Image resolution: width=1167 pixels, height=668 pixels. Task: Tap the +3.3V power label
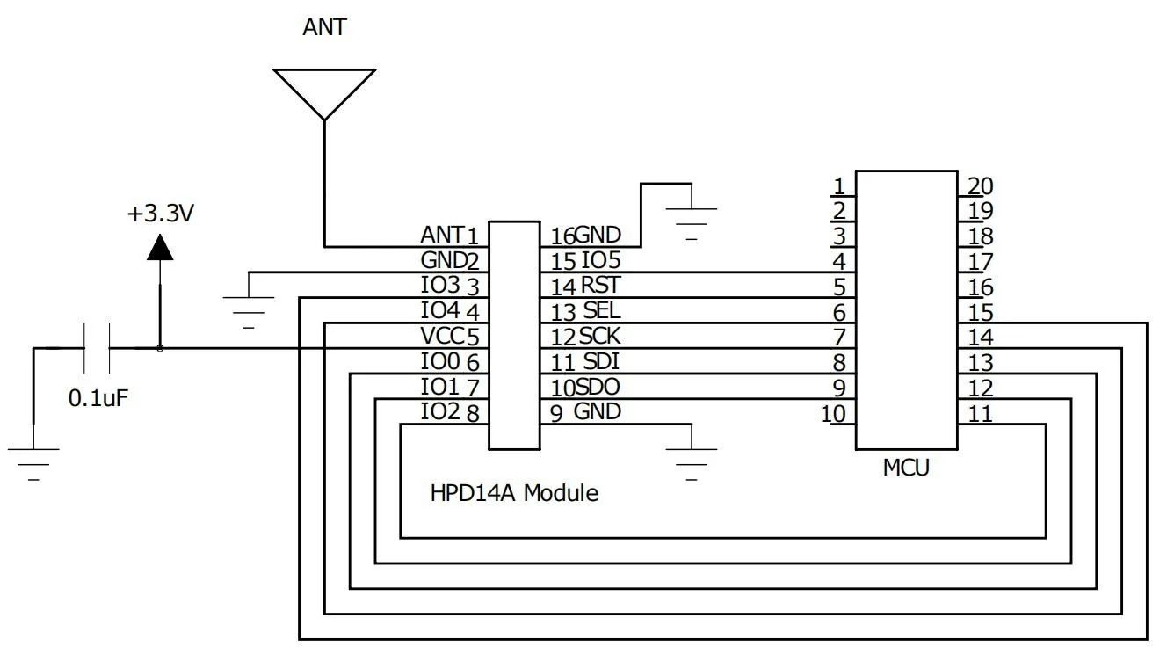click(160, 213)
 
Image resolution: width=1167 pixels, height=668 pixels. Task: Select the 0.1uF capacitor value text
click(99, 397)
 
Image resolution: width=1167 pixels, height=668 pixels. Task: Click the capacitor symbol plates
click(97, 349)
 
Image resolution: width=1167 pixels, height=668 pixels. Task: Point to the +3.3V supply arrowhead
click(160, 248)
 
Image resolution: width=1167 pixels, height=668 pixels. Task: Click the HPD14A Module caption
click(514, 493)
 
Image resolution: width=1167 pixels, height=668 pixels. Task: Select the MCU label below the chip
click(906, 468)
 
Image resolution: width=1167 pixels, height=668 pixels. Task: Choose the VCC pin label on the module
click(442, 336)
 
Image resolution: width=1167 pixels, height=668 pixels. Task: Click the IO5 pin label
click(602, 260)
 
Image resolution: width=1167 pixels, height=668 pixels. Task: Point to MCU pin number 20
click(980, 185)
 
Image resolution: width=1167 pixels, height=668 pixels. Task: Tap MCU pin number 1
click(839, 185)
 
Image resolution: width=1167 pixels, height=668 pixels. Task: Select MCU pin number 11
click(980, 413)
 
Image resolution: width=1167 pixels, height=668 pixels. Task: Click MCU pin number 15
click(980, 312)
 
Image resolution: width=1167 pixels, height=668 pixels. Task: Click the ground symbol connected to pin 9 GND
click(692, 460)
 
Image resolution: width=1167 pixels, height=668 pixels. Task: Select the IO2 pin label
click(439, 411)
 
